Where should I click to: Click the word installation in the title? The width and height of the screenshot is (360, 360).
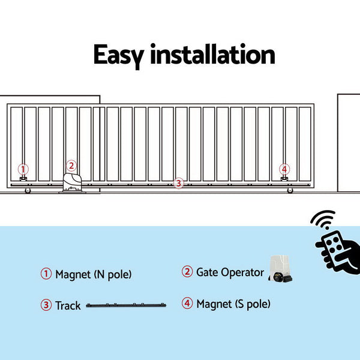pos(212,55)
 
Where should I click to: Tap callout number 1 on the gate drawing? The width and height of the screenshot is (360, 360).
pos(23,169)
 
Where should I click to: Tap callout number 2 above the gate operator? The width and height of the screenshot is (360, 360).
pos(71,166)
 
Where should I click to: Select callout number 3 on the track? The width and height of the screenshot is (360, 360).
pos(178,184)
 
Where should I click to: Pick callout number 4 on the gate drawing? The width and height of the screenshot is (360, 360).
pos(284,169)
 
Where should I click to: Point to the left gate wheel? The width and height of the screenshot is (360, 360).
pos(28,191)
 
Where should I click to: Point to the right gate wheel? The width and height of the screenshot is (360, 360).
pos(290,191)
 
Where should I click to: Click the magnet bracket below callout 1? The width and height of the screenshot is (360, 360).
pos(23,179)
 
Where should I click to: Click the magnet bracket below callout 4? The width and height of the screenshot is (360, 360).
pos(284,179)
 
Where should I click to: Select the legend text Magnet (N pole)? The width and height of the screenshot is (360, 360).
pos(93,275)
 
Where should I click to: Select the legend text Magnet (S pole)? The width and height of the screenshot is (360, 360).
pos(233,304)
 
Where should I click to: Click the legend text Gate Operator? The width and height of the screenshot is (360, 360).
pos(230,272)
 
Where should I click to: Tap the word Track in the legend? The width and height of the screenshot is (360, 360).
pos(68,305)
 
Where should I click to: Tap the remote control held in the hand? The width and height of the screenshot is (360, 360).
pos(331,246)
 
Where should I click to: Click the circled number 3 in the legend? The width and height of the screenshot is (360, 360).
pos(46,305)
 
